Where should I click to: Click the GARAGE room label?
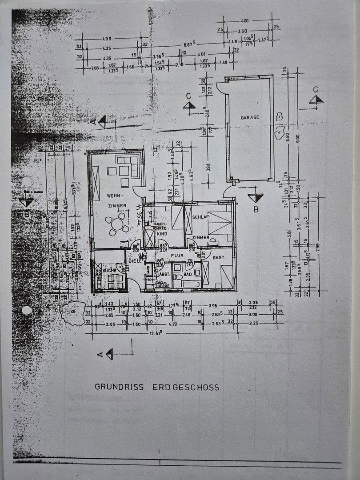coord(250,118)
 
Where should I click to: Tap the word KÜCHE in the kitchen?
coord(109,270)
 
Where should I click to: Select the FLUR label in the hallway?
coord(177,256)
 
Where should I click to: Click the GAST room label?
coord(218,257)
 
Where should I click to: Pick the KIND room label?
coord(162,234)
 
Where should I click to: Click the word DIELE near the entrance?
coord(135,261)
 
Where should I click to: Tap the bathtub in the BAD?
coord(191,284)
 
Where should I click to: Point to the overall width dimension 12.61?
coord(155,333)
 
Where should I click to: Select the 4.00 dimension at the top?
coord(244,20)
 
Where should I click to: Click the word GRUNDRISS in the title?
coord(119,387)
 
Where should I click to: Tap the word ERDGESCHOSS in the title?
coord(186,387)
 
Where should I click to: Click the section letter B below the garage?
coord(256,209)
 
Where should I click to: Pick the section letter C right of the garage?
coord(316,89)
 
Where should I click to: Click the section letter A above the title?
coord(100,354)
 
